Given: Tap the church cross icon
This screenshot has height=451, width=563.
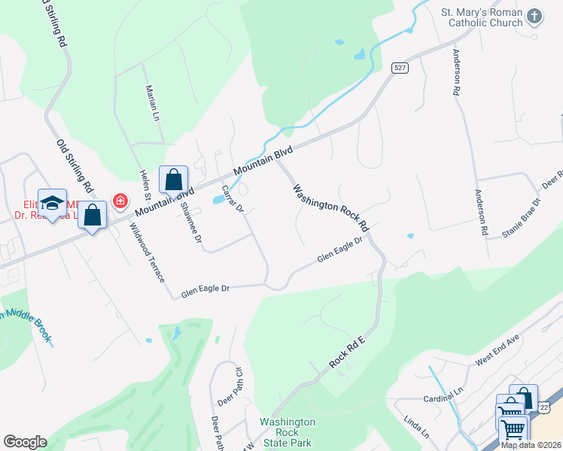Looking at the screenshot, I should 534,16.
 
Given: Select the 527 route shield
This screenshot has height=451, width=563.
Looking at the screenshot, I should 400,68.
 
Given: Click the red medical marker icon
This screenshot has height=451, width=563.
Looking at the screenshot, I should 120,201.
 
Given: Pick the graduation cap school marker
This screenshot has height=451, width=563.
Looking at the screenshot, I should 53,203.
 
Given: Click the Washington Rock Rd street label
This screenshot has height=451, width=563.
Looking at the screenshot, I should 331,207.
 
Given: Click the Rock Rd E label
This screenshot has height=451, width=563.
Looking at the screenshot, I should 346,354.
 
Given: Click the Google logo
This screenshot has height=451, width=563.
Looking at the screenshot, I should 25,441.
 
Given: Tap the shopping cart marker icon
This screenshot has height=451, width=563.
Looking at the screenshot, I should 513,429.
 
